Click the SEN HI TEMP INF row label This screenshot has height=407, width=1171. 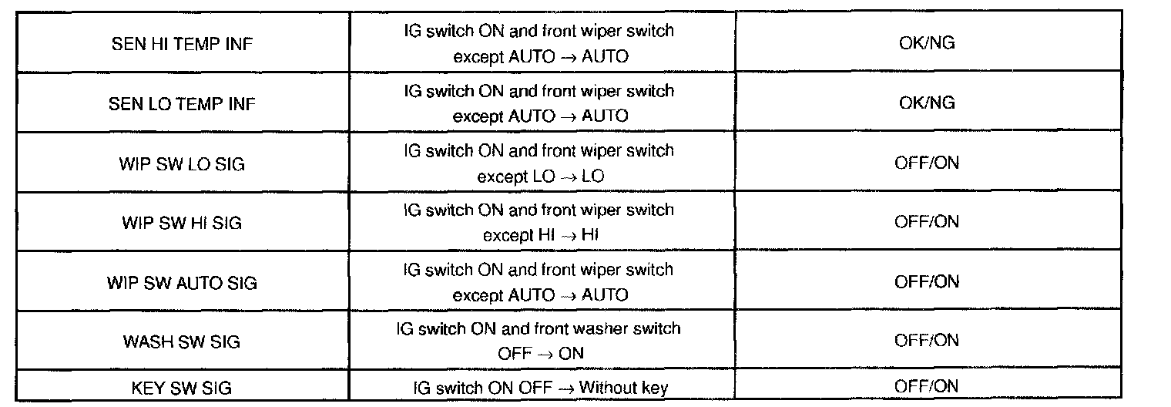point(182,44)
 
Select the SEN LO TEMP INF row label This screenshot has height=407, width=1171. point(182,103)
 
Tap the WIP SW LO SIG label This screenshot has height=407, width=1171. point(182,163)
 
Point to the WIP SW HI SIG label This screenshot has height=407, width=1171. point(182,223)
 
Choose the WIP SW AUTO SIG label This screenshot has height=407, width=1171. point(182,282)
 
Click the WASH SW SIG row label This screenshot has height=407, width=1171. point(182,341)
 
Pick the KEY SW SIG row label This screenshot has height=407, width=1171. point(182,387)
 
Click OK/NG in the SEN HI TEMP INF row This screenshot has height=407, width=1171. point(927,43)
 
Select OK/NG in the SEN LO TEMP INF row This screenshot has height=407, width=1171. point(927,103)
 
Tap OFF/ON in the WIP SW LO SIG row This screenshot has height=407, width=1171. point(927,163)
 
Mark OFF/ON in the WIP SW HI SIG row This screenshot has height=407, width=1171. point(927,222)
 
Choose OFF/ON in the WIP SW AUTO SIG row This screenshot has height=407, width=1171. point(927,281)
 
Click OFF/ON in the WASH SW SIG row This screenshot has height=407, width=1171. point(927,341)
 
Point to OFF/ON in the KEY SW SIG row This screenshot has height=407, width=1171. point(927,385)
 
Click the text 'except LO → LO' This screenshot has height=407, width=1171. point(540,176)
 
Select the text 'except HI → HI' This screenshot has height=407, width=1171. point(540,235)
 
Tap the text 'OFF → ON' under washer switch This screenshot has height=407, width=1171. point(540,354)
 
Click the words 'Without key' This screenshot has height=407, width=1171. point(623,387)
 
